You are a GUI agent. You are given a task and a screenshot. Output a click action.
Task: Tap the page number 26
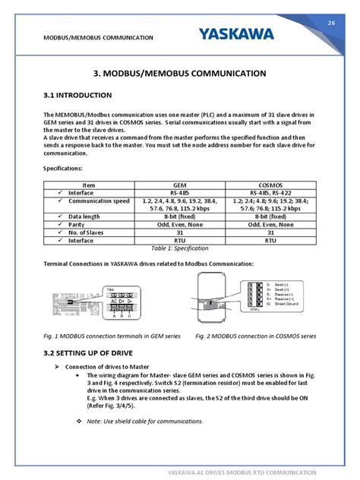pos(330,24)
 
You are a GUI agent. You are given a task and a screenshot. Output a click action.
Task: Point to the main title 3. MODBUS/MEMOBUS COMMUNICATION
pos(179,74)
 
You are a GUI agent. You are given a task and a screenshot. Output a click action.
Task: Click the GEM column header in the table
pos(179,185)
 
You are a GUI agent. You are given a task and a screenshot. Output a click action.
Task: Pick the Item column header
pos(89,185)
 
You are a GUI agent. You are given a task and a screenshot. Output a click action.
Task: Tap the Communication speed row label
pos(99,201)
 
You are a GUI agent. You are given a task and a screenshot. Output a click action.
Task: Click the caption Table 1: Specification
pos(179,248)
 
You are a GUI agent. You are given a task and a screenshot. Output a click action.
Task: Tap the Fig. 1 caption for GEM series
pos(112,335)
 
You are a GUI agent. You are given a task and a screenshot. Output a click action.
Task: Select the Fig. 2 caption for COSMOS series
pos(256,335)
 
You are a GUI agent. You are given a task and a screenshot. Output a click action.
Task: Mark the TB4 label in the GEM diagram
pos(110,289)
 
